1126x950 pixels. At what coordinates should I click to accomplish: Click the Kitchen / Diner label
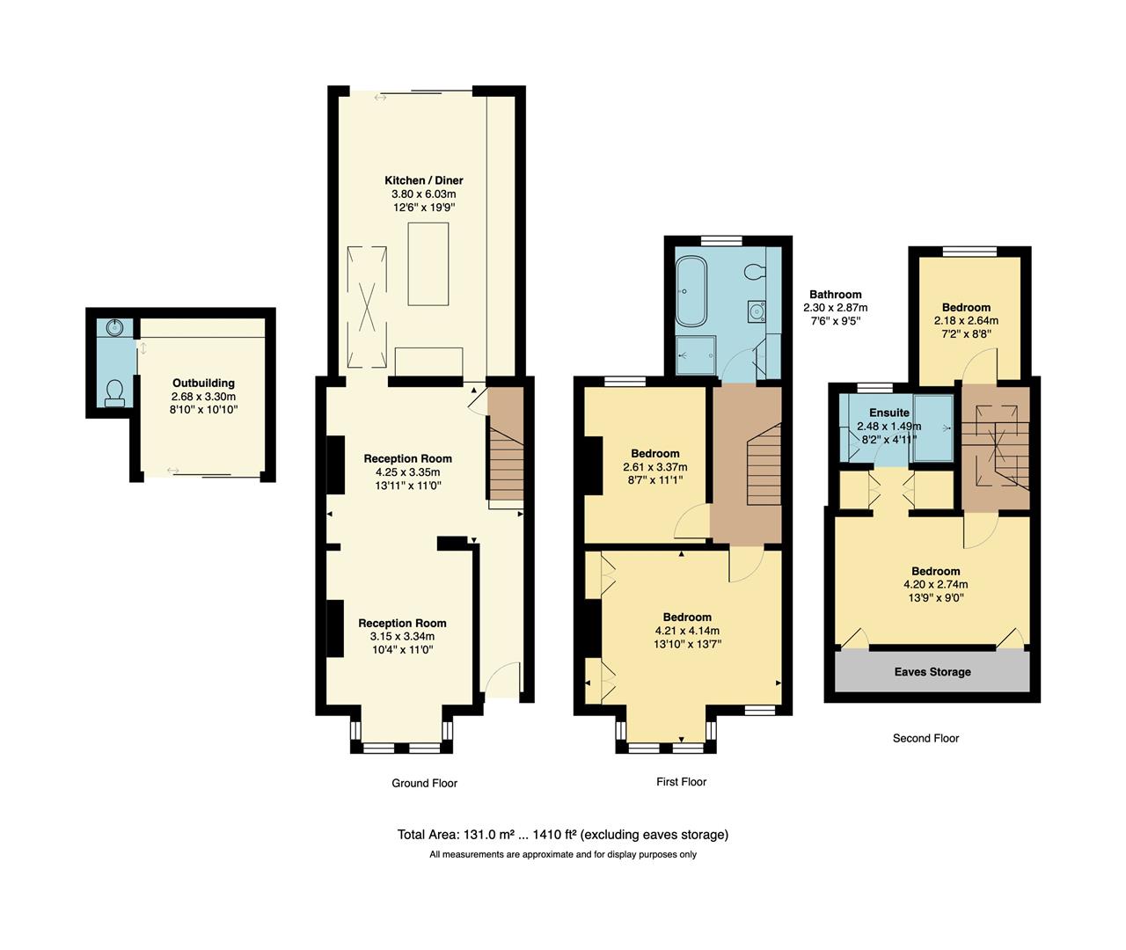pyautogui.click(x=423, y=180)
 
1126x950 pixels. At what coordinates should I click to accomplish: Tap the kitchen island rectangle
pyautogui.click(x=428, y=264)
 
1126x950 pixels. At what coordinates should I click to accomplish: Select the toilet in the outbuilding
pyautogui.click(x=114, y=393)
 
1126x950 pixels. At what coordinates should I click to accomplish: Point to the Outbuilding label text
pyautogui.click(x=203, y=384)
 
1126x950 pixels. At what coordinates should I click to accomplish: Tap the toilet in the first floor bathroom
pyautogui.click(x=754, y=272)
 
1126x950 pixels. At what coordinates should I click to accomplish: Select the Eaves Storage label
pyautogui.click(x=932, y=672)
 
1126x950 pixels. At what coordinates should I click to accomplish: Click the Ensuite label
pyautogui.click(x=888, y=413)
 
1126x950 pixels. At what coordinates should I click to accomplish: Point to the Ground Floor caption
pyautogui.click(x=424, y=783)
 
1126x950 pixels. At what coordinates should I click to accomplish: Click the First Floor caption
pyautogui.click(x=681, y=781)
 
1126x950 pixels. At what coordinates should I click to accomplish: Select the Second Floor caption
pyautogui.click(x=925, y=738)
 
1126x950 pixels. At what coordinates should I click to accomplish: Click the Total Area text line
pyautogui.click(x=562, y=834)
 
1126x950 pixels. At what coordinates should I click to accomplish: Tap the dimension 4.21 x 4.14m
pyautogui.click(x=687, y=631)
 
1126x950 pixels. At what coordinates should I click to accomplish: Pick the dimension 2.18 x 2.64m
pyautogui.click(x=966, y=321)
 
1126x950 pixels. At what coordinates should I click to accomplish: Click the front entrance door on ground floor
pyautogui.click(x=501, y=682)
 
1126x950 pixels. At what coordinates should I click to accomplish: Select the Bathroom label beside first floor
pyautogui.click(x=835, y=295)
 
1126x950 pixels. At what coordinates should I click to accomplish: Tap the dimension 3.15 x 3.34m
pyautogui.click(x=402, y=636)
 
